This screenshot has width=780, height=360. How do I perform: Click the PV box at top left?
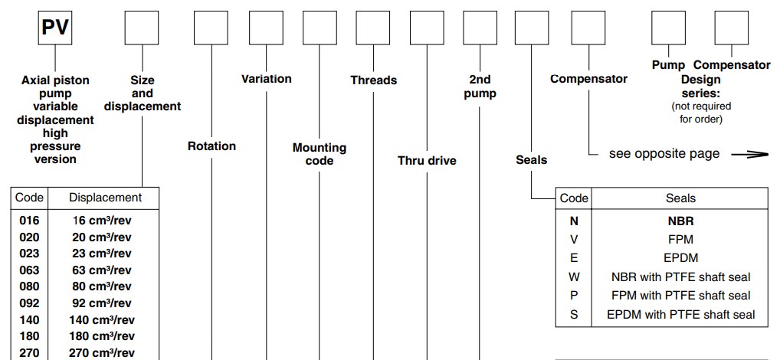click(54, 28)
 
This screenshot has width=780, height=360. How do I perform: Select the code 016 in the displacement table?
click(29, 220)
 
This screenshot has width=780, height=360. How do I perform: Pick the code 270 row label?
click(29, 353)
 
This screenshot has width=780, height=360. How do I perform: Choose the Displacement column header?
click(105, 198)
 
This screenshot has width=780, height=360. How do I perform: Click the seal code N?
click(574, 220)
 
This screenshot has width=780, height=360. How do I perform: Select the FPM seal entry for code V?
click(680, 239)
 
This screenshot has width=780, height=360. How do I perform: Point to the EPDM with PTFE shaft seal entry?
click(680, 314)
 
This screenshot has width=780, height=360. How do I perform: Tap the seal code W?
click(574, 277)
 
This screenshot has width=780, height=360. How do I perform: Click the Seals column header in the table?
click(680, 198)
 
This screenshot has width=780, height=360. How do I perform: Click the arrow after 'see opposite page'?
click(749, 154)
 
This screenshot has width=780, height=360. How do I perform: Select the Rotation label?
click(211, 146)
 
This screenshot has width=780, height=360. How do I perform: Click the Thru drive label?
click(427, 161)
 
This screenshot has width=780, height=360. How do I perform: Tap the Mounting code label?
click(320, 154)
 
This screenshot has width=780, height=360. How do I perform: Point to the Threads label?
click(373, 80)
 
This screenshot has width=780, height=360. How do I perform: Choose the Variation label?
click(266, 78)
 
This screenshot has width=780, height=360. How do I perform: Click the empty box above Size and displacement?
click(142, 28)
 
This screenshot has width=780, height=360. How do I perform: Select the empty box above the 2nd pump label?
click(480, 28)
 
